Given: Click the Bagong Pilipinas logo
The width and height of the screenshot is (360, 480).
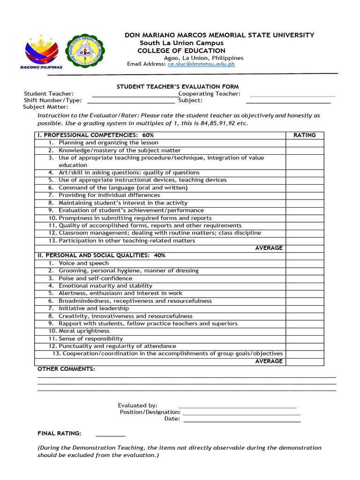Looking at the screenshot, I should pyautogui.click(x=41, y=52).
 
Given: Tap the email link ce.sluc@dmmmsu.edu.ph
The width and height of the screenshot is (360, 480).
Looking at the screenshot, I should pyautogui.click(x=201, y=64).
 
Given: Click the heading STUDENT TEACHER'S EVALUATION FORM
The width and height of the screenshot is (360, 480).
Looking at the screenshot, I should pyautogui.click(x=178, y=87).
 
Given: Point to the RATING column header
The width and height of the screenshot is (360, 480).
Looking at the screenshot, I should pyautogui.click(x=305, y=135).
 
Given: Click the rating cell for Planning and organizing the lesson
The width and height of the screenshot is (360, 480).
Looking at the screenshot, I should pyautogui.click(x=305, y=143).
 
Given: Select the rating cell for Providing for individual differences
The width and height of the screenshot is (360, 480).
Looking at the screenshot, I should pyautogui.click(x=305, y=195).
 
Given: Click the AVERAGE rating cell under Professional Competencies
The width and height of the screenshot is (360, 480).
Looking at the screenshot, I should pyautogui.click(x=305, y=248).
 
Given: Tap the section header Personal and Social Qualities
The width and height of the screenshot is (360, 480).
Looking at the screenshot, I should pyautogui.click(x=101, y=256).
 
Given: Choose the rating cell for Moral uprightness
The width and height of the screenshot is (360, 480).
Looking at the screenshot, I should pyautogui.click(x=305, y=331).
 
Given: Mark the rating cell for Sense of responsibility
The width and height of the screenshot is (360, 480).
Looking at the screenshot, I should pyautogui.click(x=305, y=339).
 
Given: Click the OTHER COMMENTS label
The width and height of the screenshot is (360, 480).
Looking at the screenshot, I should pyautogui.click(x=66, y=369).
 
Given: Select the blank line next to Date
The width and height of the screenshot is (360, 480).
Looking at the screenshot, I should pyautogui.click(x=241, y=420).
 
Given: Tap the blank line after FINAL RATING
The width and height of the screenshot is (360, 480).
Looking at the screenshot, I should pyautogui.click(x=111, y=435).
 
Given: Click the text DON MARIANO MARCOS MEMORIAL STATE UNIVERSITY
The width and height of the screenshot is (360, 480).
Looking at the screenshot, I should pyautogui.click(x=219, y=36).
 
